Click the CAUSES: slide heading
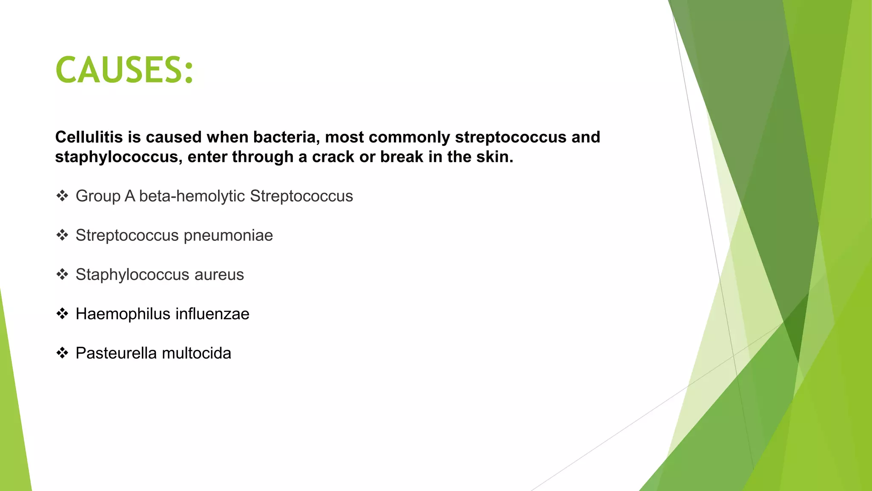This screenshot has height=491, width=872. pos(124,70)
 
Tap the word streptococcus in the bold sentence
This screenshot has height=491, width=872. pos(511,137)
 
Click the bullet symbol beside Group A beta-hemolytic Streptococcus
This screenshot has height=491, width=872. pos(62,196)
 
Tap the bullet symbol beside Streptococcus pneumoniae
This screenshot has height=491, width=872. pos(62,235)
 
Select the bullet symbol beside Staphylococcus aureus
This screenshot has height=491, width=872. pos(62,274)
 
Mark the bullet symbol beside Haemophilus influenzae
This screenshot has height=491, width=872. pos(62,314)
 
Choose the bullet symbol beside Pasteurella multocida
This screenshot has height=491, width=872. pos(62,353)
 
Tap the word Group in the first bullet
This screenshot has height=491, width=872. pos(98,196)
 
